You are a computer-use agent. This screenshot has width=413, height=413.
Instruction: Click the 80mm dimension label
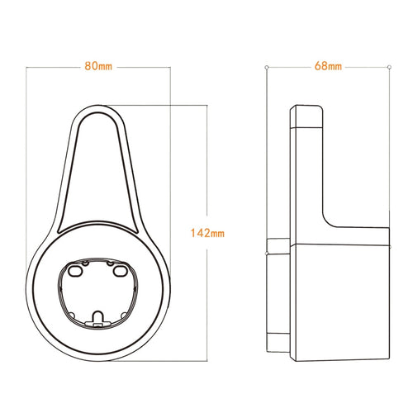(99, 66)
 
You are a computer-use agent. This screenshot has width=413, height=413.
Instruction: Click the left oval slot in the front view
(76, 269)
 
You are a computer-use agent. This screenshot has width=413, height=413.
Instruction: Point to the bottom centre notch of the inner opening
(98, 316)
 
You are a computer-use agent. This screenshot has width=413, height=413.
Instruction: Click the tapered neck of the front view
(98, 173)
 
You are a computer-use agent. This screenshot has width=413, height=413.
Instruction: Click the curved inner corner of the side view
(328, 221)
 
